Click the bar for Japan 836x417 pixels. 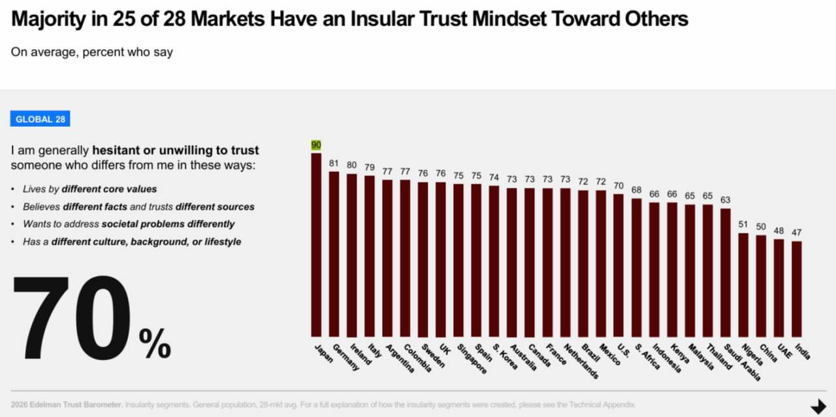tap(316, 244)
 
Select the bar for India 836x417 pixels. tap(796, 288)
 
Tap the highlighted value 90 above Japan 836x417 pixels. tap(316, 145)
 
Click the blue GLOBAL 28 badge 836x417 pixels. tap(40, 119)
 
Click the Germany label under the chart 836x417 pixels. tap(346, 357)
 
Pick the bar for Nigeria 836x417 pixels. tap(743, 284)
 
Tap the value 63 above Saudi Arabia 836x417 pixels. tap(725, 199)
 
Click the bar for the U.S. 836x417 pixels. tap(619, 265)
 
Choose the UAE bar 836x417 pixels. tap(779, 287)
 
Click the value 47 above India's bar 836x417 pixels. tap(796, 232)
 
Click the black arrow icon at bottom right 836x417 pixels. tap(818, 407)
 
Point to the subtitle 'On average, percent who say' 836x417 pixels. tap(91, 52)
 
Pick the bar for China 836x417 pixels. tap(761, 286)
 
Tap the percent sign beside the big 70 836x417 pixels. tap(155, 343)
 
